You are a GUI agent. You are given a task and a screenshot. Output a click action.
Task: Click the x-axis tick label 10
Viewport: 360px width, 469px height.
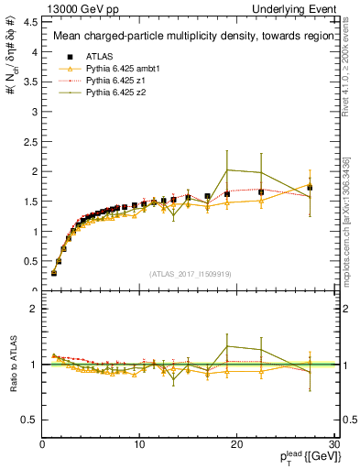pyautogui.click(x=139, y=444)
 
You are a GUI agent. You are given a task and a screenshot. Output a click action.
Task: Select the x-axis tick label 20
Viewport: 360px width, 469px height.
pyautogui.click(x=237, y=444)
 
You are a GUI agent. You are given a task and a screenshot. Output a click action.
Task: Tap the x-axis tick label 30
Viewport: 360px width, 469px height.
pyautogui.click(x=333, y=444)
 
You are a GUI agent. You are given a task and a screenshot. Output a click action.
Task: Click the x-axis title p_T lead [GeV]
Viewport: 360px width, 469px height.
pyautogui.click(x=293, y=458)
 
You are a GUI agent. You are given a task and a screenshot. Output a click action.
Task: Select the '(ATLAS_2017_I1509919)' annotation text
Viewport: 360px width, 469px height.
pyautogui.click(x=190, y=273)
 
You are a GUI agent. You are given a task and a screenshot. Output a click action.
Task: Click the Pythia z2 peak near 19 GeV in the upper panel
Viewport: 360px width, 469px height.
pyautogui.click(x=227, y=169)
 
